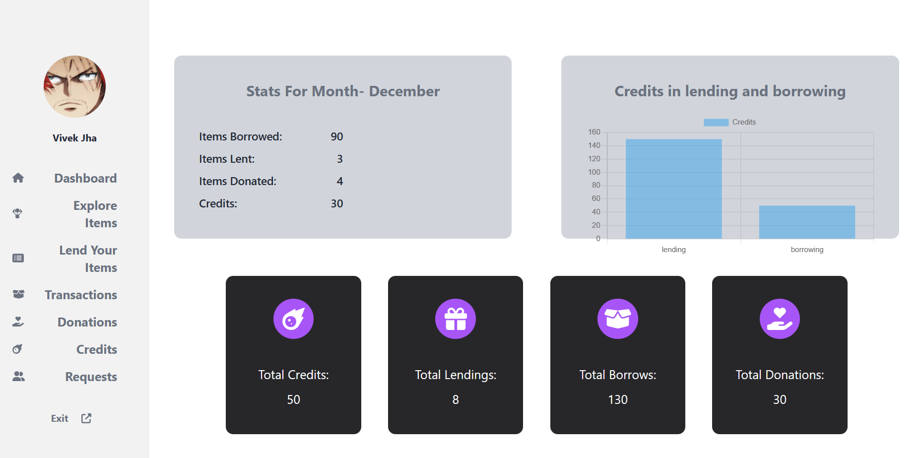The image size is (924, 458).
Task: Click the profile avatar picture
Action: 74,86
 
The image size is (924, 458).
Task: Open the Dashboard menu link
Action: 85,178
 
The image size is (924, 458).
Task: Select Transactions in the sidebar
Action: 81,295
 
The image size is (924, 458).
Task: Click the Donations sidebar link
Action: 87,322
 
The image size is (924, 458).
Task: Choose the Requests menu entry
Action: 91,377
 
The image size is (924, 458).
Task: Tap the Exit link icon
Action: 86,418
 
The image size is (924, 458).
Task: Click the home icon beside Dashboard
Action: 18,178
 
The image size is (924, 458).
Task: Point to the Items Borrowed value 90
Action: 336,136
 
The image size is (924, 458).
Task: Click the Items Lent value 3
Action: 339,159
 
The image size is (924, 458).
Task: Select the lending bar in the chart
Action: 673,189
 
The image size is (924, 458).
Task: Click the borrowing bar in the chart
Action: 807,222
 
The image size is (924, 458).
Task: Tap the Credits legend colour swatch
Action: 716,122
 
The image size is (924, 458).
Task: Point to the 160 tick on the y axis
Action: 594,132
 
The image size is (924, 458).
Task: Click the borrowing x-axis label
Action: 807,250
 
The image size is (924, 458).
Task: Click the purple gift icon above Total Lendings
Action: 456,319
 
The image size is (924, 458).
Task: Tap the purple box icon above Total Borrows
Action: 617,319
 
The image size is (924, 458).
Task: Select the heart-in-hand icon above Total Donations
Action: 780,319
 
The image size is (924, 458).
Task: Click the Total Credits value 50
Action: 293,399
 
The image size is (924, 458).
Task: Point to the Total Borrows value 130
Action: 617,399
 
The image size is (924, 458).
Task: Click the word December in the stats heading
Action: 404,91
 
